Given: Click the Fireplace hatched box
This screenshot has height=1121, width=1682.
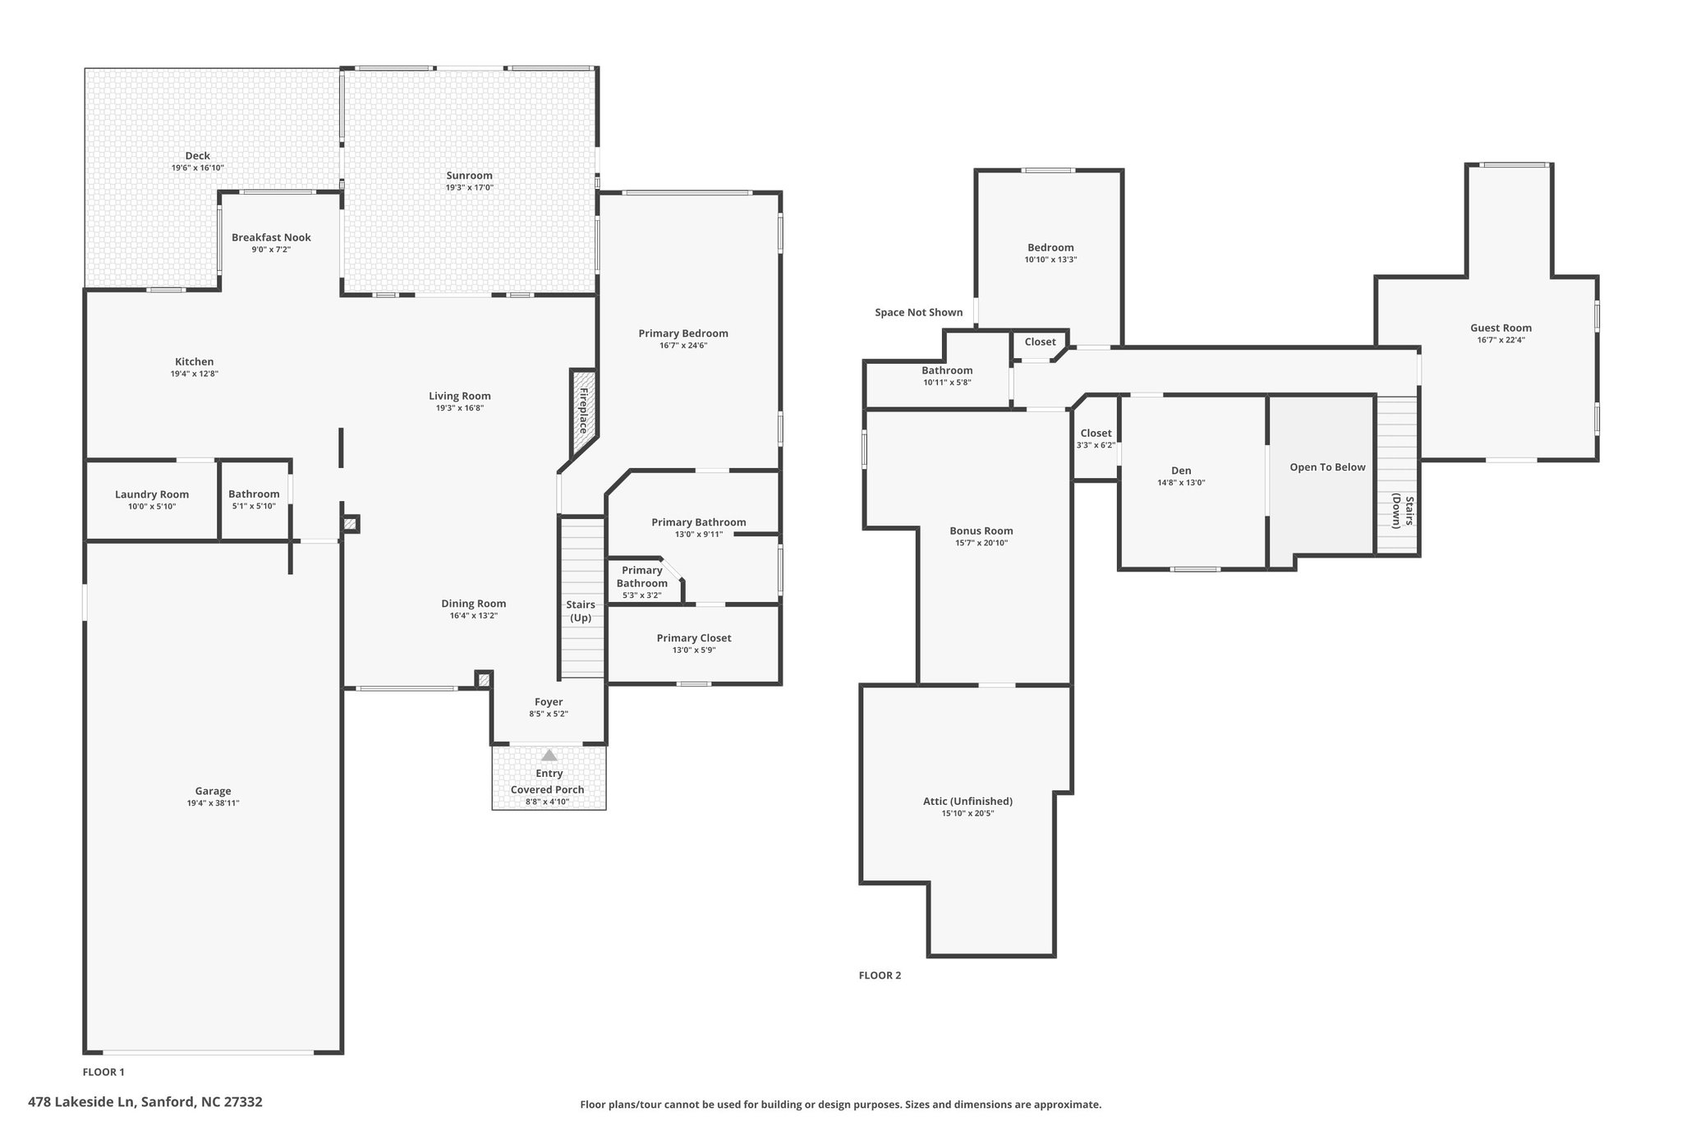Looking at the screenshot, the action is pyautogui.click(x=583, y=411).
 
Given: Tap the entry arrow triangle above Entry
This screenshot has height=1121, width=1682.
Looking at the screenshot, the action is pyautogui.click(x=549, y=755).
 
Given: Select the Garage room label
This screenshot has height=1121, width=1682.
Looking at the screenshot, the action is pyautogui.click(x=213, y=791).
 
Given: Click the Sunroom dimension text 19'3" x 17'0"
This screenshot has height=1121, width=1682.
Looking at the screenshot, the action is pyautogui.click(x=470, y=188).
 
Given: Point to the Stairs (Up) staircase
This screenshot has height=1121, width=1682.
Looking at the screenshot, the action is pyautogui.click(x=582, y=597).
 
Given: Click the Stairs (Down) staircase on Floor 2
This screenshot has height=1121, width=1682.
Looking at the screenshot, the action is pyautogui.click(x=1397, y=476).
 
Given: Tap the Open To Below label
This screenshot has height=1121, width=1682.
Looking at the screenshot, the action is pyautogui.click(x=1327, y=467).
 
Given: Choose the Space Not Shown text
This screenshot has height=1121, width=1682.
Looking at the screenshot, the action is pyautogui.click(x=918, y=312).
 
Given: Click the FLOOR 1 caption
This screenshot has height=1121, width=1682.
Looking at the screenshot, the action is pyautogui.click(x=103, y=1072).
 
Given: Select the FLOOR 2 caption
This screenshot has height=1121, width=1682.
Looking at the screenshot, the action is pyautogui.click(x=880, y=976).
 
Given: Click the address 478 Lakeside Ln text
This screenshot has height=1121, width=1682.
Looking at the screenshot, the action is pyautogui.click(x=81, y=1102).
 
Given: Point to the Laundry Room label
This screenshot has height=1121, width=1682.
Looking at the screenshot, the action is pyautogui.click(x=152, y=494).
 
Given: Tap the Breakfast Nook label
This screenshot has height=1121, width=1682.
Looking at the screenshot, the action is pyautogui.click(x=271, y=237).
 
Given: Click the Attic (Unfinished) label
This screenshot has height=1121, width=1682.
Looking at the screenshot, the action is pyautogui.click(x=967, y=802).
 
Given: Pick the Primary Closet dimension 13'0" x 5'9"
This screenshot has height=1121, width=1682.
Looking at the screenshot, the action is pyautogui.click(x=693, y=650).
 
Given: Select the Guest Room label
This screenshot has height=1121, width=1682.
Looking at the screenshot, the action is pyautogui.click(x=1500, y=328).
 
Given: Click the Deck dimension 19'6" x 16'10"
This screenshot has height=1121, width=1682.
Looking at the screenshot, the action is pyautogui.click(x=197, y=168).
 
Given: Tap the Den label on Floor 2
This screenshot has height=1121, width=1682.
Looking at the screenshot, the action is pyautogui.click(x=1181, y=471).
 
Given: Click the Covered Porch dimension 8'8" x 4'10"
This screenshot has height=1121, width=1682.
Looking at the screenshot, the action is pyautogui.click(x=548, y=802).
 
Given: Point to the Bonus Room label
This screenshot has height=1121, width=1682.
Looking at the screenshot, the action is pyautogui.click(x=981, y=531).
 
